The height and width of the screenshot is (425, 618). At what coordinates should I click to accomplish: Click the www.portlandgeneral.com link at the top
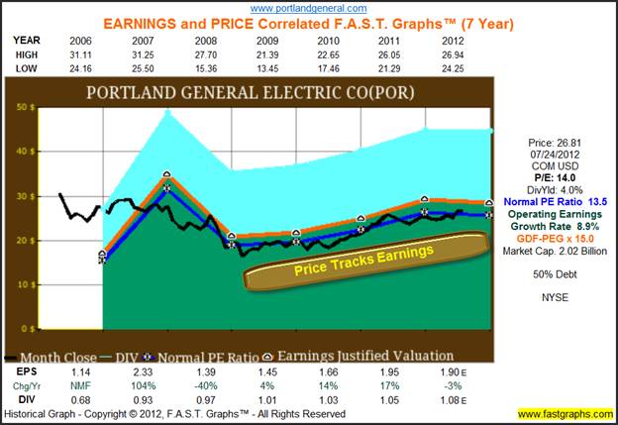(x=308, y=8)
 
